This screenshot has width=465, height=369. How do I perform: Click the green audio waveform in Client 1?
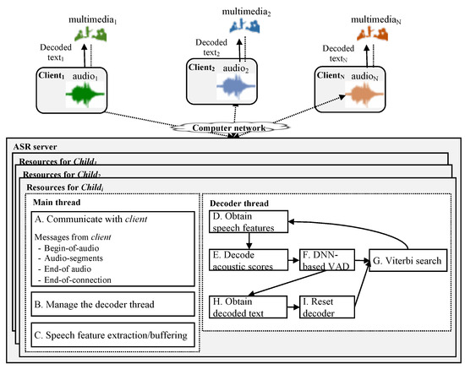click(85, 95)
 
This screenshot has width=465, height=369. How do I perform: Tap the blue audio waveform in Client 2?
click(236, 86)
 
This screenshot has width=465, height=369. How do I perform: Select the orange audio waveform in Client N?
click(364, 95)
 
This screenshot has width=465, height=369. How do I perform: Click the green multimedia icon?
click(90, 34)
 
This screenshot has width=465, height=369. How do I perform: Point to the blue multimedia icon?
click(244, 26)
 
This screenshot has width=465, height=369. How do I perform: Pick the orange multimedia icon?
click(373, 33)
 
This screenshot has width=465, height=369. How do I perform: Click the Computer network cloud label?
click(229, 128)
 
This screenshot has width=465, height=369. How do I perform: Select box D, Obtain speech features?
click(249, 221)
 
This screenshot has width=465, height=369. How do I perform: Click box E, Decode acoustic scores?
click(249, 260)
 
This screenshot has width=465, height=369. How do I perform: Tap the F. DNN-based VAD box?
click(327, 260)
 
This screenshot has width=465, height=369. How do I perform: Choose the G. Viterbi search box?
click(408, 260)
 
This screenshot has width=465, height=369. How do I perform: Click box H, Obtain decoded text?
click(249, 307)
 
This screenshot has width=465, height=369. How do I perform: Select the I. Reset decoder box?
click(327, 307)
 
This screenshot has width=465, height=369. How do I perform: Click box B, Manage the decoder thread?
click(113, 304)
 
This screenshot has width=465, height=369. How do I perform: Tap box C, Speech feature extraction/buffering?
click(113, 335)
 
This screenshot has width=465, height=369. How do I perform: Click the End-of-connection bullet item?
click(74, 279)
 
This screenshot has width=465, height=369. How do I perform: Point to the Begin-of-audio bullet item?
click(68, 248)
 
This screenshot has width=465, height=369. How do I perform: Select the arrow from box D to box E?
click(249, 241)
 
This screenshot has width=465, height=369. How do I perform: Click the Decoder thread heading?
click(239, 203)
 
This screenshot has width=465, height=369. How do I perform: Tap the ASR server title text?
click(35, 147)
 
